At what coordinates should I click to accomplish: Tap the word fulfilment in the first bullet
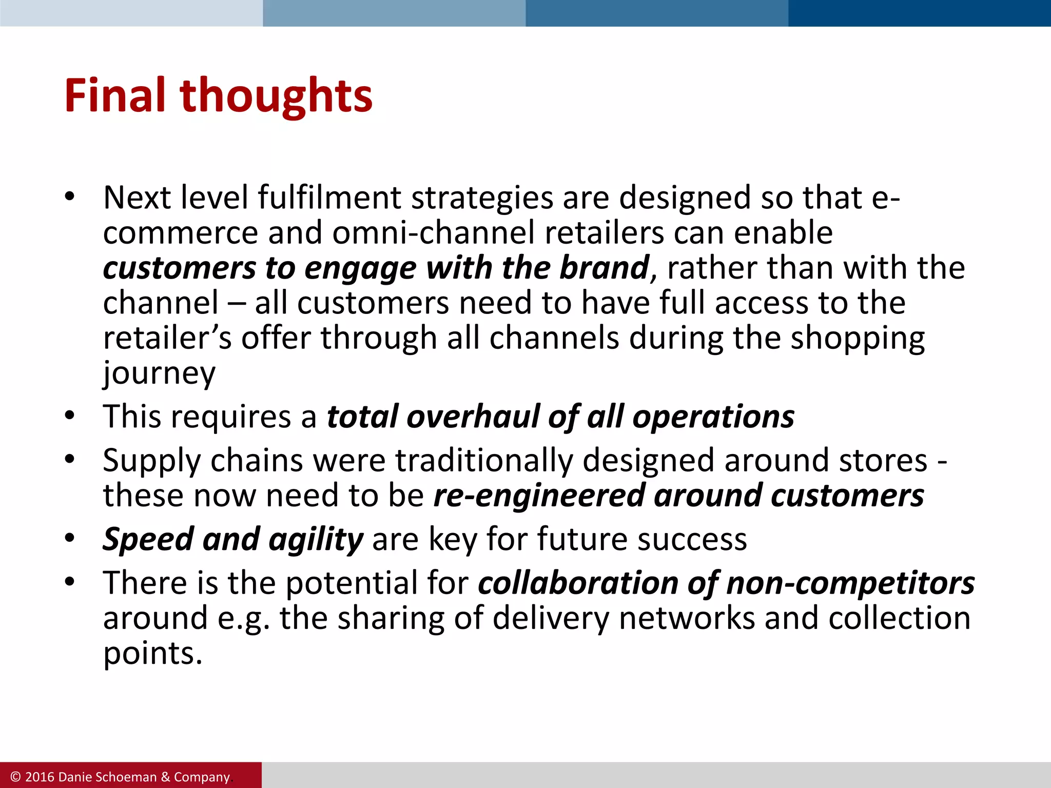(x=329, y=198)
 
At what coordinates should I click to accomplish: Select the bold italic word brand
(x=604, y=268)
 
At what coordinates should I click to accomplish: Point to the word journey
(x=159, y=373)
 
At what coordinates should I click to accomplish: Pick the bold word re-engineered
(x=539, y=496)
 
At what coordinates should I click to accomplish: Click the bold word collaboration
(x=578, y=583)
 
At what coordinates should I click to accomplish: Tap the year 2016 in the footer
(x=40, y=777)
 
